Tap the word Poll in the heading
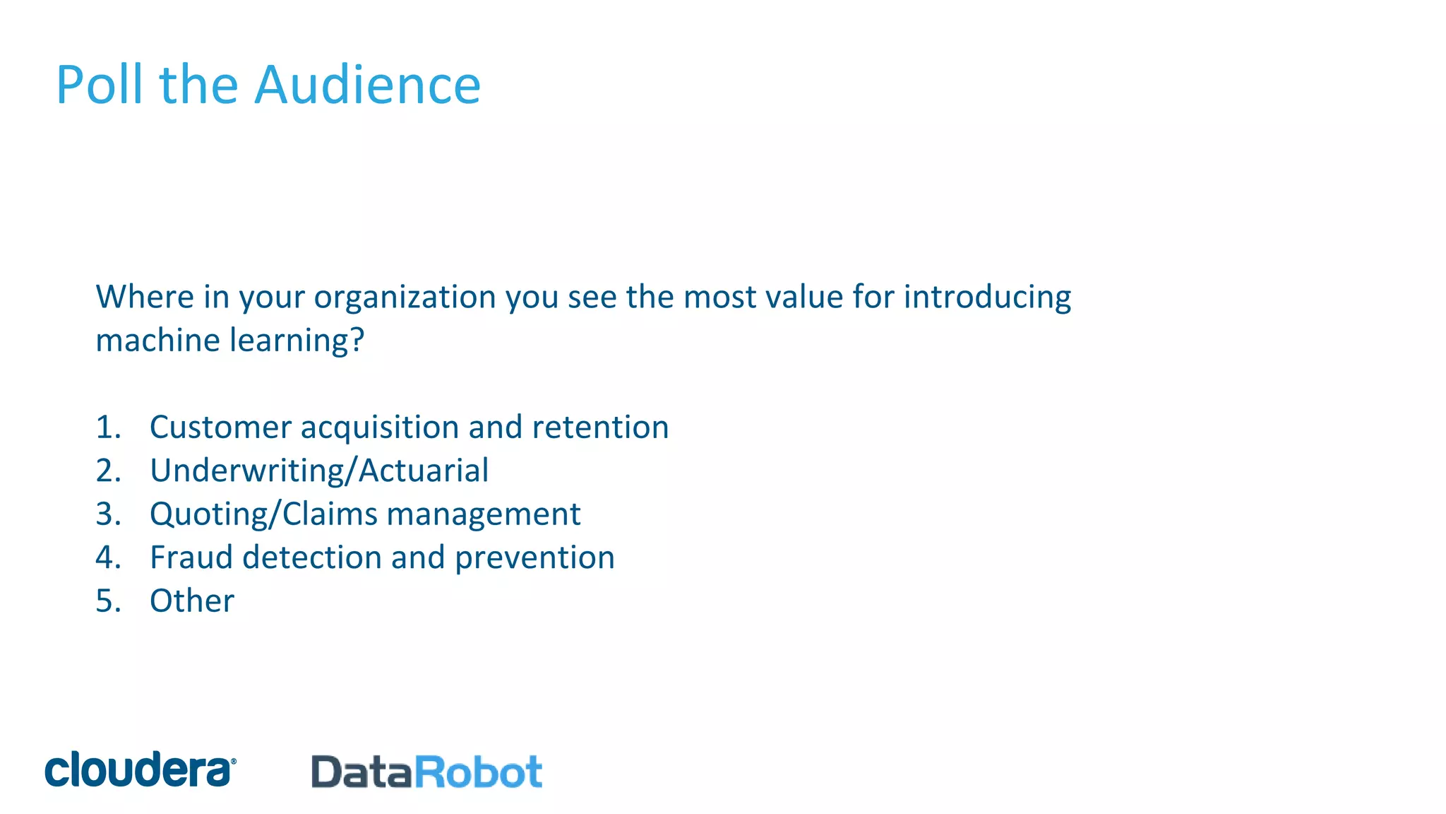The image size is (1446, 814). click(x=100, y=85)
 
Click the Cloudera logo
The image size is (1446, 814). click(x=141, y=769)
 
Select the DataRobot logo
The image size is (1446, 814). click(x=426, y=772)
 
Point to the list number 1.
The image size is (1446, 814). click(x=108, y=427)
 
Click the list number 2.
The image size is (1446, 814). click(x=108, y=471)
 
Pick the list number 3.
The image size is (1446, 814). click(x=108, y=514)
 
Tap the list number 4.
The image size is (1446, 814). click(x=108, y=558)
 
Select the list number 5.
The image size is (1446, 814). click(x=108, y=601)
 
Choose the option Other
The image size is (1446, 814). click(x=192, y=601)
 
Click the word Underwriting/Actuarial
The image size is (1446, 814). click(x=319, y=471)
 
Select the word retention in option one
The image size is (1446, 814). click(x=600, y=427)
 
